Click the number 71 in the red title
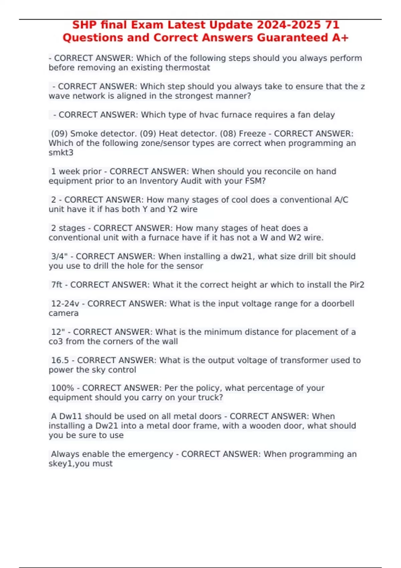(331, 25)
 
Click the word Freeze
(252, 134)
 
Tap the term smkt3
(61, 153)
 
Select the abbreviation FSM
(255, 181)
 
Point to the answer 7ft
(56, 285)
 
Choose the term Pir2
(357, 285)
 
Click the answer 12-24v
(65, 304)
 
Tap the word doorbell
(338, 304)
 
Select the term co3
(55, 341)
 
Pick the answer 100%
(62, 388)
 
